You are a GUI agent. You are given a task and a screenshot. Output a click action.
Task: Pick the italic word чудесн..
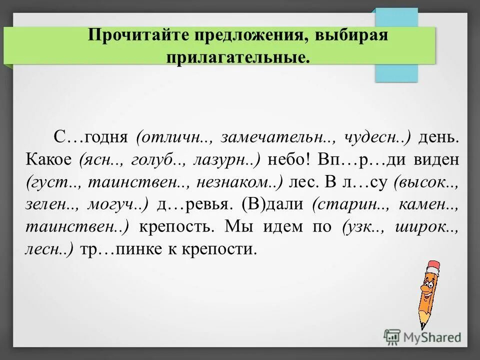(x=377, y=137)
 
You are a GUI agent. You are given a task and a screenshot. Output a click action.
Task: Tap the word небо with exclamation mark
(x=291, y=160)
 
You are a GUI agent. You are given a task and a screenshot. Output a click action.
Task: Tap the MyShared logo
(x=422, y=337)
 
